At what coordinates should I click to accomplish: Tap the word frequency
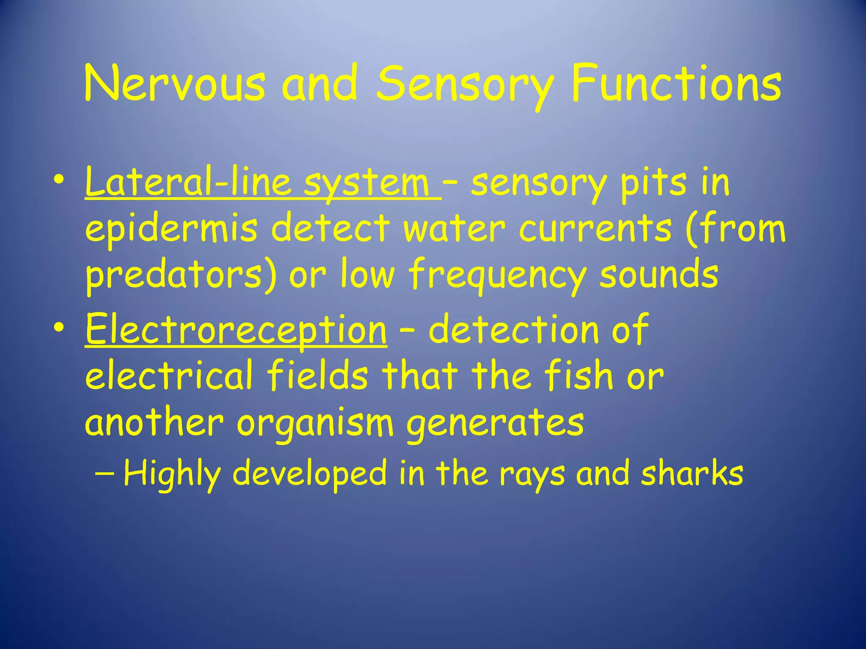(497, 275)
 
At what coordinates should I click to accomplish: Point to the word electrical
(169, 376)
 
